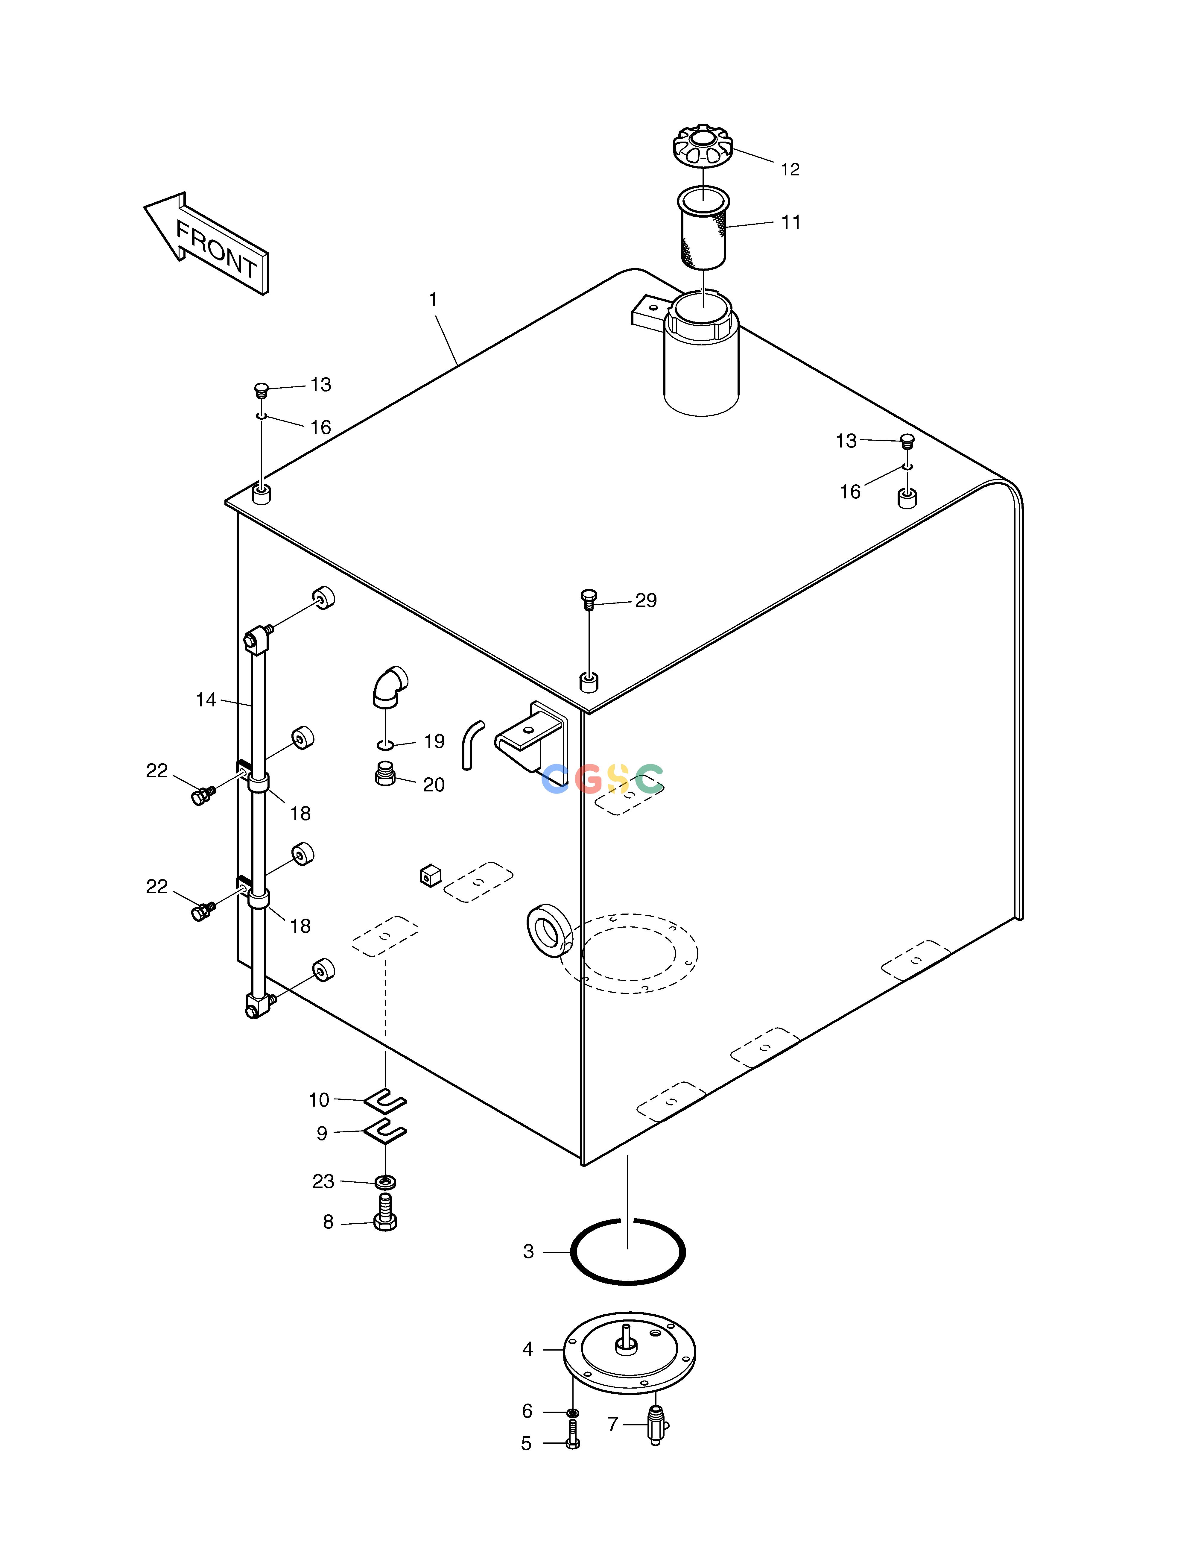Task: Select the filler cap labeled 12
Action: click(x=703, y=146)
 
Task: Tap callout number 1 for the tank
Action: click(x=433, y=300)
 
